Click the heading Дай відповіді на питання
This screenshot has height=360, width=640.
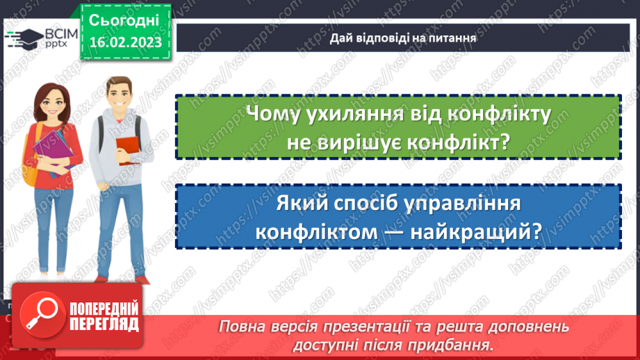[403, 38]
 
